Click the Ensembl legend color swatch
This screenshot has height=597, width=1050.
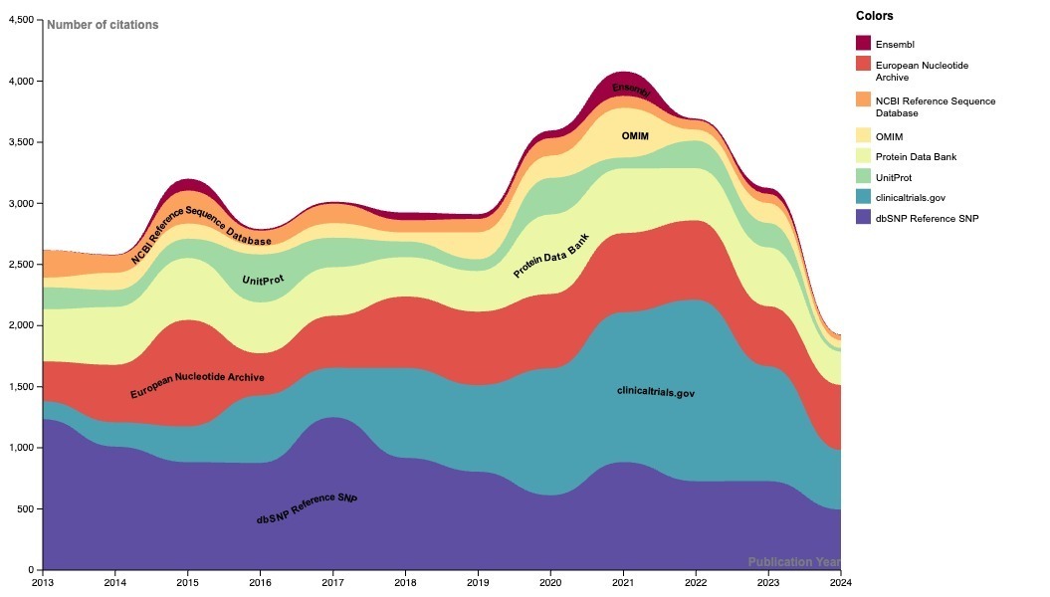(x=863, y=44)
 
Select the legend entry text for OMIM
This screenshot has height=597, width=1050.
(x=889, y=136)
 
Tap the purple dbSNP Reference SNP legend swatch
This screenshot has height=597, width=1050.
(x=863, y=218)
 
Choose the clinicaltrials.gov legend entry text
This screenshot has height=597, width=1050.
(x=912, y=198)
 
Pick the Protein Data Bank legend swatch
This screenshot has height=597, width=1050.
(x=863, y=156)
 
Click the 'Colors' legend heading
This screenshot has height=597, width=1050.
(x=874, y=16)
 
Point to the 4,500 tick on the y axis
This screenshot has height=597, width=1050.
(x=20, y=20)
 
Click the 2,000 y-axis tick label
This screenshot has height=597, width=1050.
(x=20, y=325)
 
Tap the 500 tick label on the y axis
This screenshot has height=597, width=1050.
(x=25, y=509)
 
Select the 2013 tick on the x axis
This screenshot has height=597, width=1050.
(x=43, y=582)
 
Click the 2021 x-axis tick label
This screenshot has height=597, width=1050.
(x=623, y=582)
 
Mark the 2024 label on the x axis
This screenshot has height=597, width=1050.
(x=840, y=582)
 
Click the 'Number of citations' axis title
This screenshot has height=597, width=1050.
(x=103, y=25)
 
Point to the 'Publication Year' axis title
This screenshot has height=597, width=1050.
(x=794, y=562)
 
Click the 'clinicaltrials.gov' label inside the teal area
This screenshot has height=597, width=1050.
(x=655, y=392)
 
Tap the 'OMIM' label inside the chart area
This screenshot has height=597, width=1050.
(x=635, y=135)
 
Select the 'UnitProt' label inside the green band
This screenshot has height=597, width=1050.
(x=263, y=281)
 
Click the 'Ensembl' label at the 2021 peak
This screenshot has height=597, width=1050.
(x=630, y=90)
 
